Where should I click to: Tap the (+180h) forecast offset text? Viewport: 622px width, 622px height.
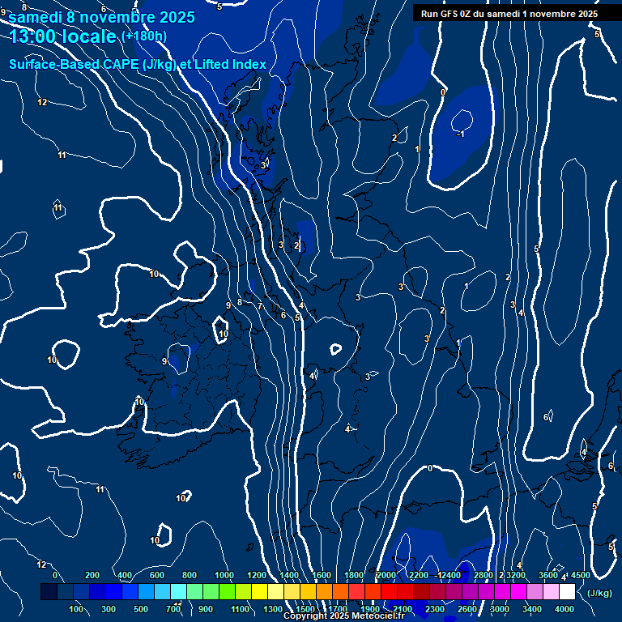pyautogui.click(x=143, y=36)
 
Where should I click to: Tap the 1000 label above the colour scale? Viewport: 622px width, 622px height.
pyautogui.click(x=224, y=575)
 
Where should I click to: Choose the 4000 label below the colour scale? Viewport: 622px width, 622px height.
pyautogui.click(x=564, y=609)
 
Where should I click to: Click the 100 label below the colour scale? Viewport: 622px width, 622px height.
pyautogui.click(x=77, y=609)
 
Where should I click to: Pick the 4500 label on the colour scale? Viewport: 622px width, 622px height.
pyautogui.click(x=580, y=575)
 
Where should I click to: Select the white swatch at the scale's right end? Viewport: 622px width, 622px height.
pyautogui.click(x=567, y=592)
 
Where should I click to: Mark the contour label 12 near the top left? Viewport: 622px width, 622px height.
pyautogui.click(x=42, y=102)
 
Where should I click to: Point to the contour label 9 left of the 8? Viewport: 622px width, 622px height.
pyautogui.click(x=228, y=305)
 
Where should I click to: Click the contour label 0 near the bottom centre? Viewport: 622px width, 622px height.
pyautogui.click(x=429, y=468)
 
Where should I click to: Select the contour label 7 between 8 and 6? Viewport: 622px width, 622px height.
pyautogui.click(x=259, y=307)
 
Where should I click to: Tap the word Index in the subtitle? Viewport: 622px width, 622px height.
pyautogui.click(x=245, y=65)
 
